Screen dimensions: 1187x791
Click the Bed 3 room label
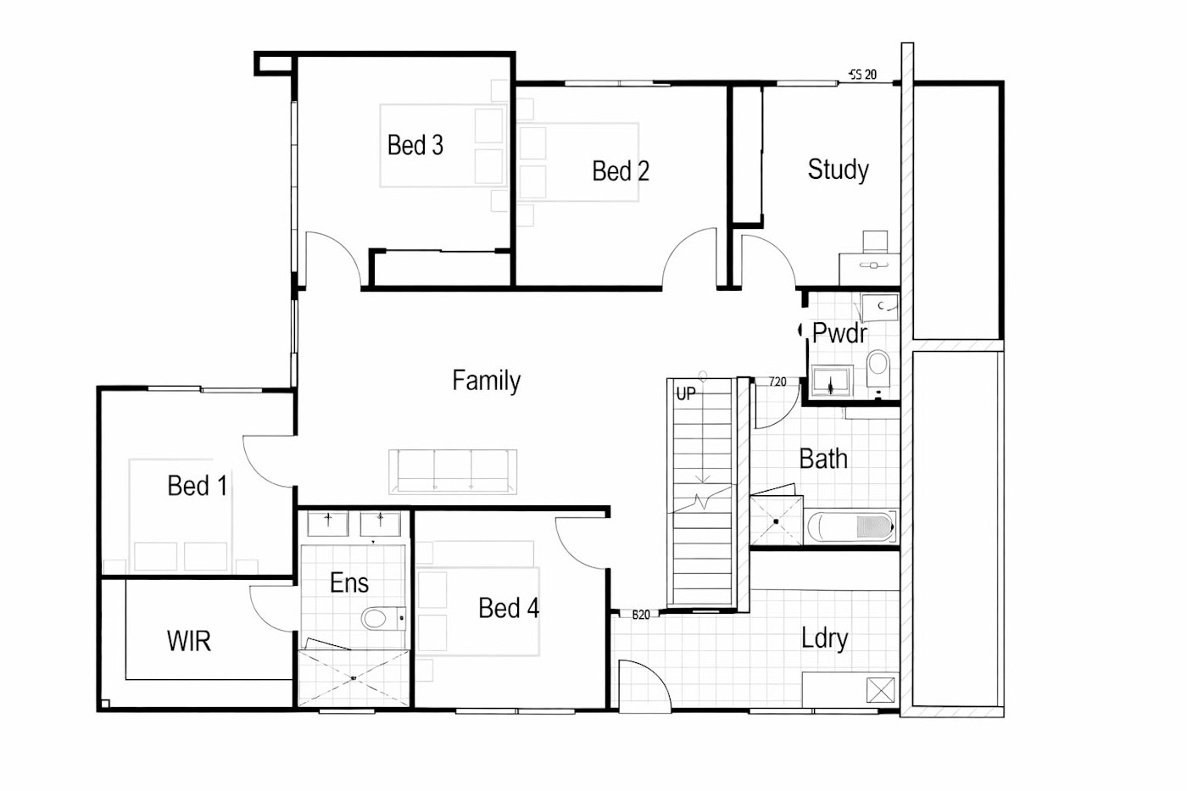click(415, 145)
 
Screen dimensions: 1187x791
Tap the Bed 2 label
click(621, 170)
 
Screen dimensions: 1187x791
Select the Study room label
click(838, 170)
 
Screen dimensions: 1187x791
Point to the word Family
click(487, 381)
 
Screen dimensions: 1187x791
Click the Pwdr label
click(839, 332)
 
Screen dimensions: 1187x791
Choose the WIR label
click(188, 641)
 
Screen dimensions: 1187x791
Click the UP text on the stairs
click(686, 393)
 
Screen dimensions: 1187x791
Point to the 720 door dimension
click(777, 382)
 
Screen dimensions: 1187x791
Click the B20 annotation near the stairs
click(641, 615)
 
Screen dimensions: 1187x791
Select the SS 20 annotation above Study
click(863, 75)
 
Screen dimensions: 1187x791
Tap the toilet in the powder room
click(878, 369)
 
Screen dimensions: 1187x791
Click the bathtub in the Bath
click(850, 526)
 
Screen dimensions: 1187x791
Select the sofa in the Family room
click(453, 471)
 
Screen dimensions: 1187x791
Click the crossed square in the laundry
click(880, 691)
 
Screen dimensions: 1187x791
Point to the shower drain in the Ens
click(354, 677)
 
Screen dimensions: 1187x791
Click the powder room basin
click(832, 381)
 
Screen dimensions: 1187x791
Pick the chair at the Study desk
click(875, 242)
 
